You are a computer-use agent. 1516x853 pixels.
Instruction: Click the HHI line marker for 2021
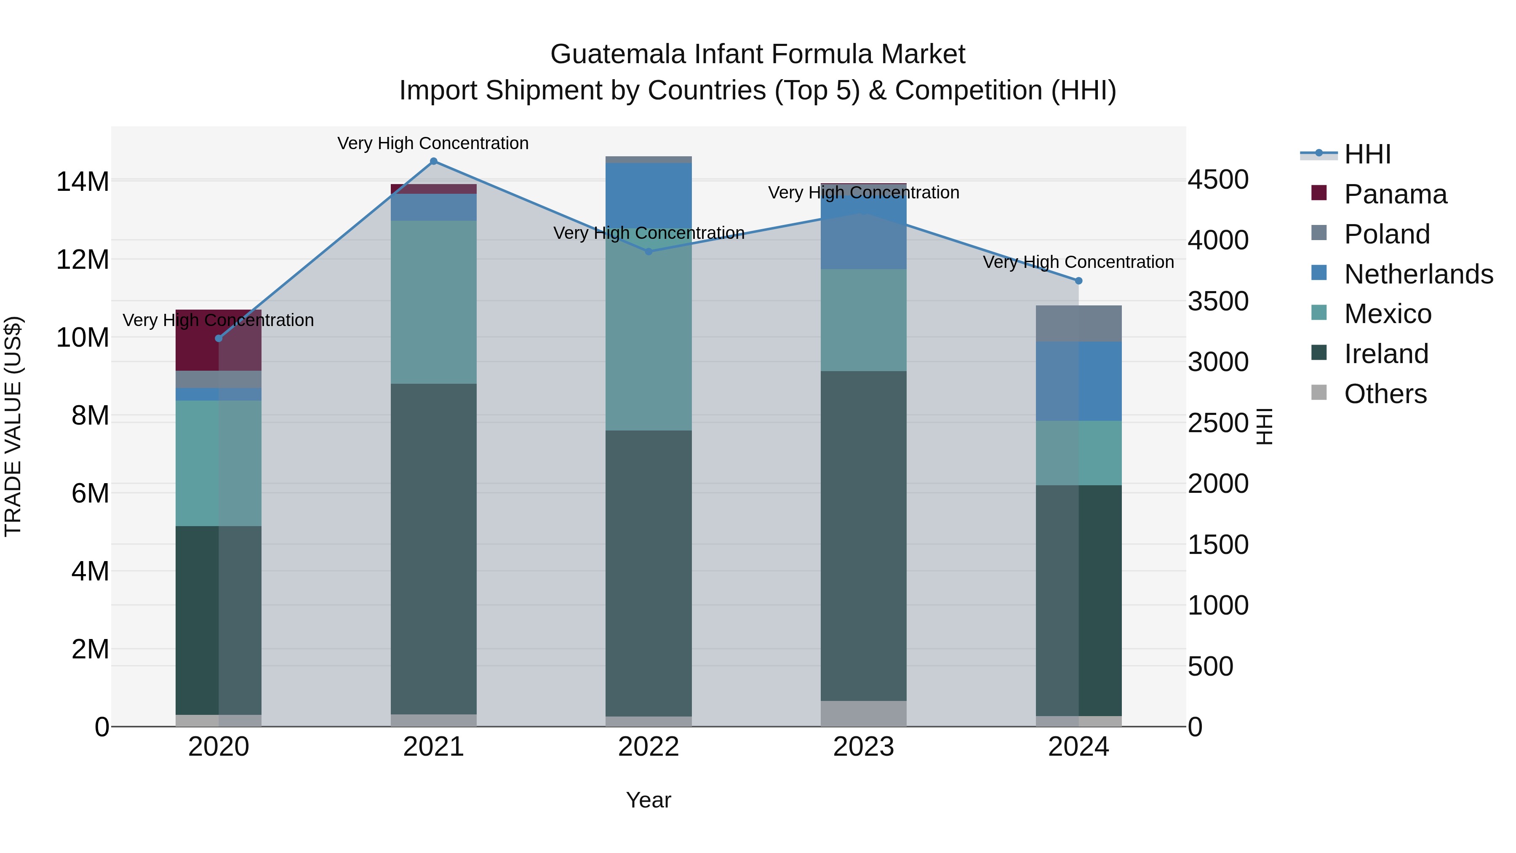point(434,161)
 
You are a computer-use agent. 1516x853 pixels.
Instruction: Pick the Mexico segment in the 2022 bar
point(649,330)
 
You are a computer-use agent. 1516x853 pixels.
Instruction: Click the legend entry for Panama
point(1395,194)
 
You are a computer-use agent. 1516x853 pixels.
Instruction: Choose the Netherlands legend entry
point(1418,274)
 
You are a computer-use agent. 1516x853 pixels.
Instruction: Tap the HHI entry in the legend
point(1367,154)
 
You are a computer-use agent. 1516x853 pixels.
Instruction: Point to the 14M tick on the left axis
point(83,181)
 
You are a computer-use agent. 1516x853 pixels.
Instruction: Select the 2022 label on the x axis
point(649,747)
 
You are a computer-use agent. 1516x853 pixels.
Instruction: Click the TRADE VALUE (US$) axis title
point(13,426)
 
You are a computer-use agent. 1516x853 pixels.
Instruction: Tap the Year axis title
point(649,800)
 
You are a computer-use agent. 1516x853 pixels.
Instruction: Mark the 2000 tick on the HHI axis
point(1217,484)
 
